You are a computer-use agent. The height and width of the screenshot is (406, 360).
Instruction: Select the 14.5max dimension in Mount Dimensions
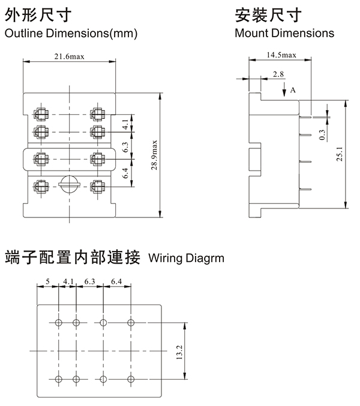click(281, 55)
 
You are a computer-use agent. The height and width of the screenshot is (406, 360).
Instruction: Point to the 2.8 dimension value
click(278, 74)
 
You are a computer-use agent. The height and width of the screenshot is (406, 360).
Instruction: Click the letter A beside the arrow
click(293, 89)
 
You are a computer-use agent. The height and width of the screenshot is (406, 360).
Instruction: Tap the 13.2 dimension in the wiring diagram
click(178, 352)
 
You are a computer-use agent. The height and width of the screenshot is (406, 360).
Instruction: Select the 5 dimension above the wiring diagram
click(48, 280)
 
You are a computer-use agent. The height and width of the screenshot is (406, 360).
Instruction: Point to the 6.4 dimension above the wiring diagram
click(116, 280)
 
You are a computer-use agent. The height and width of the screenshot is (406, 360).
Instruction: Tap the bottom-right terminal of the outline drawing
click(95, 186)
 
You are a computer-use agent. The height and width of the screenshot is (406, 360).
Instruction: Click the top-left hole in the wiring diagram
click(58, 323)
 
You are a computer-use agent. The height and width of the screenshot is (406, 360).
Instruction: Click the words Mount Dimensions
click(284, 33)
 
